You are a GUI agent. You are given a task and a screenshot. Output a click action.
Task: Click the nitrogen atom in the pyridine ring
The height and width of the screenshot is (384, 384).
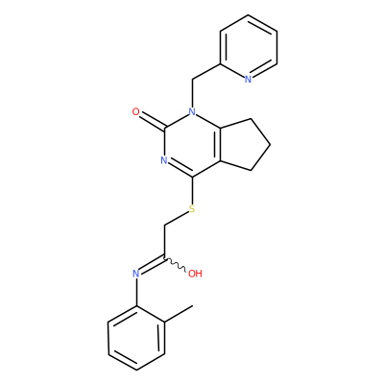(248, 80)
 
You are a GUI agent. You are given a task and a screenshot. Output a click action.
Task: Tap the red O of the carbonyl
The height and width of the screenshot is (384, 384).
(135, 112)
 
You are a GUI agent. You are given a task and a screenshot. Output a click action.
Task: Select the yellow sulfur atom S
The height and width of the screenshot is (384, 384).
(192, 209)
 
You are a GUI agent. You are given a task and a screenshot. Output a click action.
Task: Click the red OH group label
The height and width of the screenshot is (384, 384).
(195, 274)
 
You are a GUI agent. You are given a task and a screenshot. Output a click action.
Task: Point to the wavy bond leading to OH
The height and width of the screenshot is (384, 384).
(175, 264)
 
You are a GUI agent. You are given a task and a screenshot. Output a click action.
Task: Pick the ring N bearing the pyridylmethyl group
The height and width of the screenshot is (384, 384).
(192, 112)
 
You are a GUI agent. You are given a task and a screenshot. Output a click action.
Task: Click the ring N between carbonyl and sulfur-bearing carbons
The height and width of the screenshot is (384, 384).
(164, 160)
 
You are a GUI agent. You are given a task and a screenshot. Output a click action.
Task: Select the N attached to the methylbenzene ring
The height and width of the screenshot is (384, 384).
(135, 274)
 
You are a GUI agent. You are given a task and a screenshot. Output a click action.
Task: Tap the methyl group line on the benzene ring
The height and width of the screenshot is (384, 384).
(179, 314)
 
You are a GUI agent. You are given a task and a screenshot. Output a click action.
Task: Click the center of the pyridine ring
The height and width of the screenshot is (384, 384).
(249, 47)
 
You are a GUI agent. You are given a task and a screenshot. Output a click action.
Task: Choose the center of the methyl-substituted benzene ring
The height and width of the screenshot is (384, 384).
(136, 338)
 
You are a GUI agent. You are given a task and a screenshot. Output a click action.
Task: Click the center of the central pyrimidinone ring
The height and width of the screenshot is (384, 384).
(192, 145)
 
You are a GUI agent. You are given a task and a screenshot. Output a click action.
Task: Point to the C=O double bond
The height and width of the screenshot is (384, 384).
(152, 121)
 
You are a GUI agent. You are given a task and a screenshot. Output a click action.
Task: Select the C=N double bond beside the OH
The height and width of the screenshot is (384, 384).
(151, 265)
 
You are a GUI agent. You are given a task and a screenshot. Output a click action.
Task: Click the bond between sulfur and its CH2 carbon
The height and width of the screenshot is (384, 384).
(177, 218)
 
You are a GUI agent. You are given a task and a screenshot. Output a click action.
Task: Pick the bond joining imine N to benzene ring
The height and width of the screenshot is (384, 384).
(136, 292)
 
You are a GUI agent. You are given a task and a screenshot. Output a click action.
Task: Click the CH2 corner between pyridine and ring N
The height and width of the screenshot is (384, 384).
(192, 80)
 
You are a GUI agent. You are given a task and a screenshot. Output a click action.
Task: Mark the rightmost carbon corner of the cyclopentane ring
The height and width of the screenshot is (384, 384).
(271, 145)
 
